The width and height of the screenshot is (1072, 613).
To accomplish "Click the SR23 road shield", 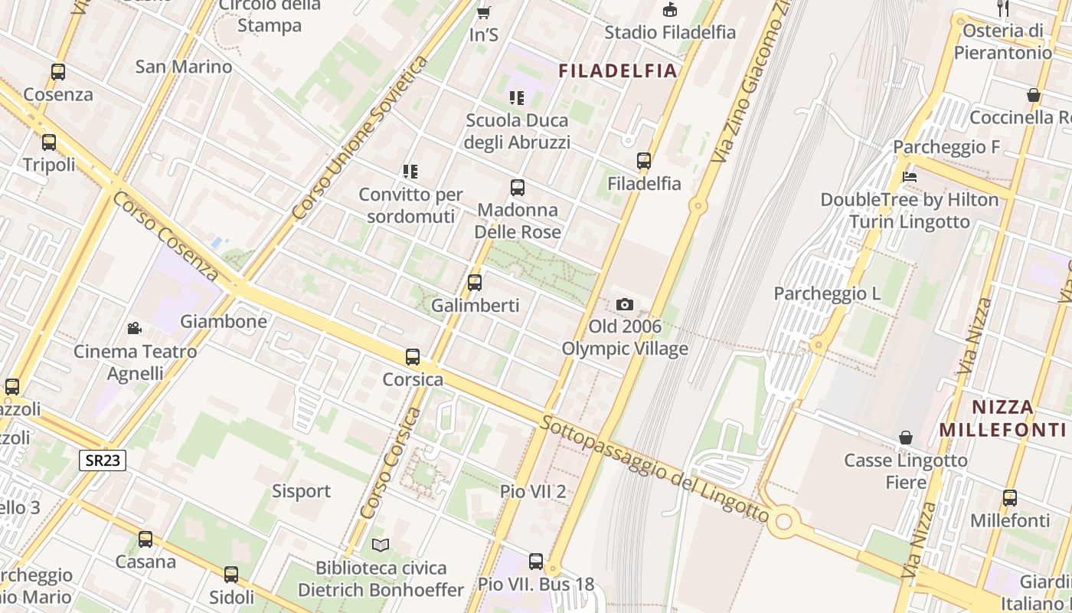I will click(x=103, y=460).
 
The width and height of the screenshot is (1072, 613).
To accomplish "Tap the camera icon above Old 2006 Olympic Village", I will click(x=625, y=304).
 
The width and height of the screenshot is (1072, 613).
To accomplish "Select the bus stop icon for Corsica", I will click(x=413, y=356).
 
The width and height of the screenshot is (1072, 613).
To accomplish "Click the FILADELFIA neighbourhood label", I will click(x=618, y=71).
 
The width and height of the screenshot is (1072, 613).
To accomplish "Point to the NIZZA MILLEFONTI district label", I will click(x=1002, y=418).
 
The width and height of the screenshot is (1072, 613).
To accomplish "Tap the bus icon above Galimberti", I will click(x=475, y=282).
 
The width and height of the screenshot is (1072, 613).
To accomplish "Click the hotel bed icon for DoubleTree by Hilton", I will click(x=910, y=176).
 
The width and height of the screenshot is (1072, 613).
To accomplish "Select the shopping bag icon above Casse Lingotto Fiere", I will click(x=906, y=438).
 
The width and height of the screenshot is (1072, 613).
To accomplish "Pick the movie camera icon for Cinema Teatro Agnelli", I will click(x=134, y=328).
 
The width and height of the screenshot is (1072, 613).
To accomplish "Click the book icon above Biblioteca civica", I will click(x=381, y=545).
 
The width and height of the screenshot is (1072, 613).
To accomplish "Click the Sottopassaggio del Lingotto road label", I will click(x=654, y=468).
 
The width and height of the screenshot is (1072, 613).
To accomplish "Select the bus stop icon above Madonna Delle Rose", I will click(x=518, y=187).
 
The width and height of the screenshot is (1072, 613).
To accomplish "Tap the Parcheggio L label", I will click(x=827, y=293).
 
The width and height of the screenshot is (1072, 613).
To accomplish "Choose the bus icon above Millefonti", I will click(x=1010, y=498).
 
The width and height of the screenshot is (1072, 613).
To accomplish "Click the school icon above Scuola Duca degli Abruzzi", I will click(x=517, y=97).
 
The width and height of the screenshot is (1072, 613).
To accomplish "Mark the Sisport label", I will click(x=302, y=491).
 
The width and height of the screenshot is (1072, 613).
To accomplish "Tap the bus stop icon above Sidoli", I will click(x=231, y=574).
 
